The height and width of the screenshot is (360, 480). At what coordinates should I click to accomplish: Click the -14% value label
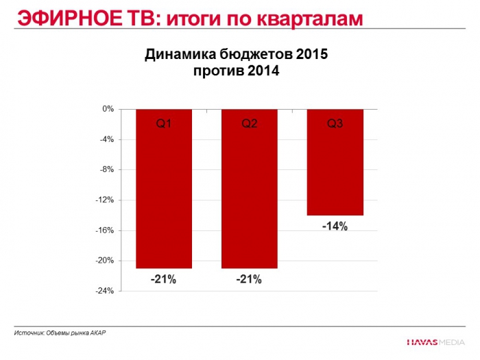pyautogui.click(x=335, y=226)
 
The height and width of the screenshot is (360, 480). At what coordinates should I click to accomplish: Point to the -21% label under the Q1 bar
pyautogui.click(x=164, y=279)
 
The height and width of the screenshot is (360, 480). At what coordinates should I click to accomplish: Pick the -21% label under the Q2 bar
pyautogui.click(x=249, y=279)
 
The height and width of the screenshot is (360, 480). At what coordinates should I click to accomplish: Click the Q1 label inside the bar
pyautogui.click(x=164, y=123)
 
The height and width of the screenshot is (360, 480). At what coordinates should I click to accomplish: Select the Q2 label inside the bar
pyautogui.click(x=249, y=123)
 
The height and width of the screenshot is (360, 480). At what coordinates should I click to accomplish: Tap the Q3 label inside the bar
pyautogui.click(x=335, y=123)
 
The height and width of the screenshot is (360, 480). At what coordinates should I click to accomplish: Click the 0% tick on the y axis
pyautogui.click(x=108, y=109)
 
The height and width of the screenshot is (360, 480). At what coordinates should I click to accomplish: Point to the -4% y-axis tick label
pyautogui.click(x=106, y=139)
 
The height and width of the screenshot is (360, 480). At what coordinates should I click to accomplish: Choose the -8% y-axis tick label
pyautogui.click(x=106, y=169)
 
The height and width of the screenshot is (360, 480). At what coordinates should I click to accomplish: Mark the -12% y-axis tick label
pyautogui.click(x=105, y=200)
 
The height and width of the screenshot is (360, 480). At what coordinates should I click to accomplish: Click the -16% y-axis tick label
pyautogui.click(x=105, y=230)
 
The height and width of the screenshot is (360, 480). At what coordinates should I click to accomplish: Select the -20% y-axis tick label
pyautogui.click(x=105, y=261)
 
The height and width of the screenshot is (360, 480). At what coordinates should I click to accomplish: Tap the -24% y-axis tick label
pyautogui.click(x=105, y=291)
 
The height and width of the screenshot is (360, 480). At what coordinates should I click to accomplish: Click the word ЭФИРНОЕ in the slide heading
pyautogui.click(x=56, y=18)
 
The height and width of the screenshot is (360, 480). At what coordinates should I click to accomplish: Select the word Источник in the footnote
pyautogui.click(x=28, y=333)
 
